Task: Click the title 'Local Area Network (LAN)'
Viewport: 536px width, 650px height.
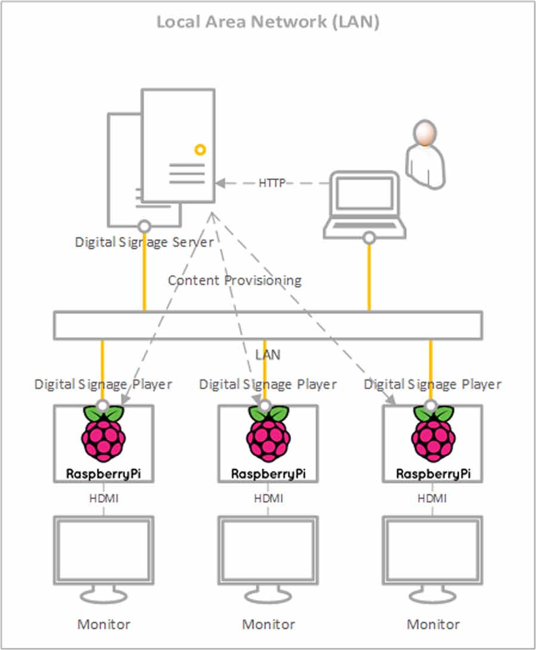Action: (268, 22)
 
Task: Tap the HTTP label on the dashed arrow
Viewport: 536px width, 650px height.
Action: (272, 183)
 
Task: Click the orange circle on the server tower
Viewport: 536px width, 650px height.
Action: (201, 149)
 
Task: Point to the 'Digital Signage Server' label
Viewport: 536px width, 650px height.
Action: (144, 242)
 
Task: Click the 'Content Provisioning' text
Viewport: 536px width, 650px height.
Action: (235, 280)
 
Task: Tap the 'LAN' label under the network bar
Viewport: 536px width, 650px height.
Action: (268, 354)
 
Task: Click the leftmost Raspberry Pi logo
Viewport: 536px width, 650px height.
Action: (103, 435)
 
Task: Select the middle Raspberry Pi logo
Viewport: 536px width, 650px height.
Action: (268, 435)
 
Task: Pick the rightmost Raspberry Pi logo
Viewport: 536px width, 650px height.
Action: (433, 435)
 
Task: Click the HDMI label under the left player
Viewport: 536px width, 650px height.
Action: (103, 497)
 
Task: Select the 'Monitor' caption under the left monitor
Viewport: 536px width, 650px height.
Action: (103, 624)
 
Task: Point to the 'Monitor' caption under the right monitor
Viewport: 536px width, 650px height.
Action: (433, 624)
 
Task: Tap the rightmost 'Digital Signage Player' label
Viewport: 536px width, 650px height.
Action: (433, 384)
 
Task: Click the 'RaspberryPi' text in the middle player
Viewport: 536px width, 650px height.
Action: (268, 474)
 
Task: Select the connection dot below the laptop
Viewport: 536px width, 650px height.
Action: (369, 238)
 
